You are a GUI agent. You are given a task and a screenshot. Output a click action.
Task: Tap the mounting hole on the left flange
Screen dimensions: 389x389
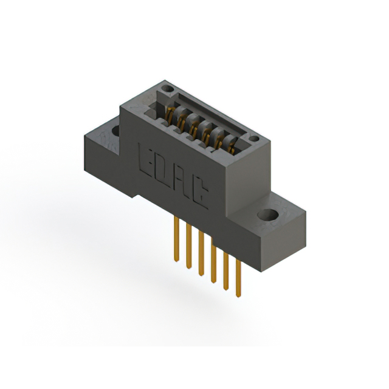(x=114, y=129)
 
